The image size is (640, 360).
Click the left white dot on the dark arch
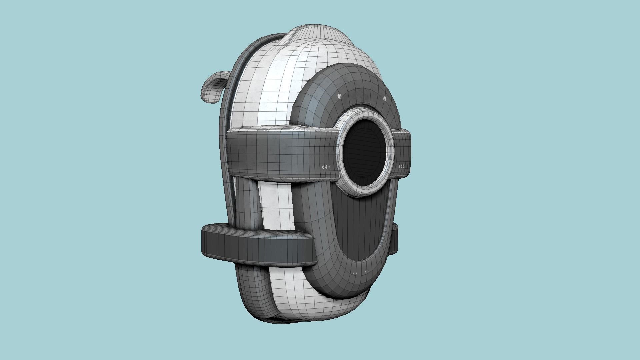[339, 96]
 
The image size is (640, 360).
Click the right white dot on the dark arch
[385, 99]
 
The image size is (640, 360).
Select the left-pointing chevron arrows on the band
[326, 167]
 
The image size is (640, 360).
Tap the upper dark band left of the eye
[280, 152]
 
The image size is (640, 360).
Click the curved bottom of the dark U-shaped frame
[347, 283]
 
